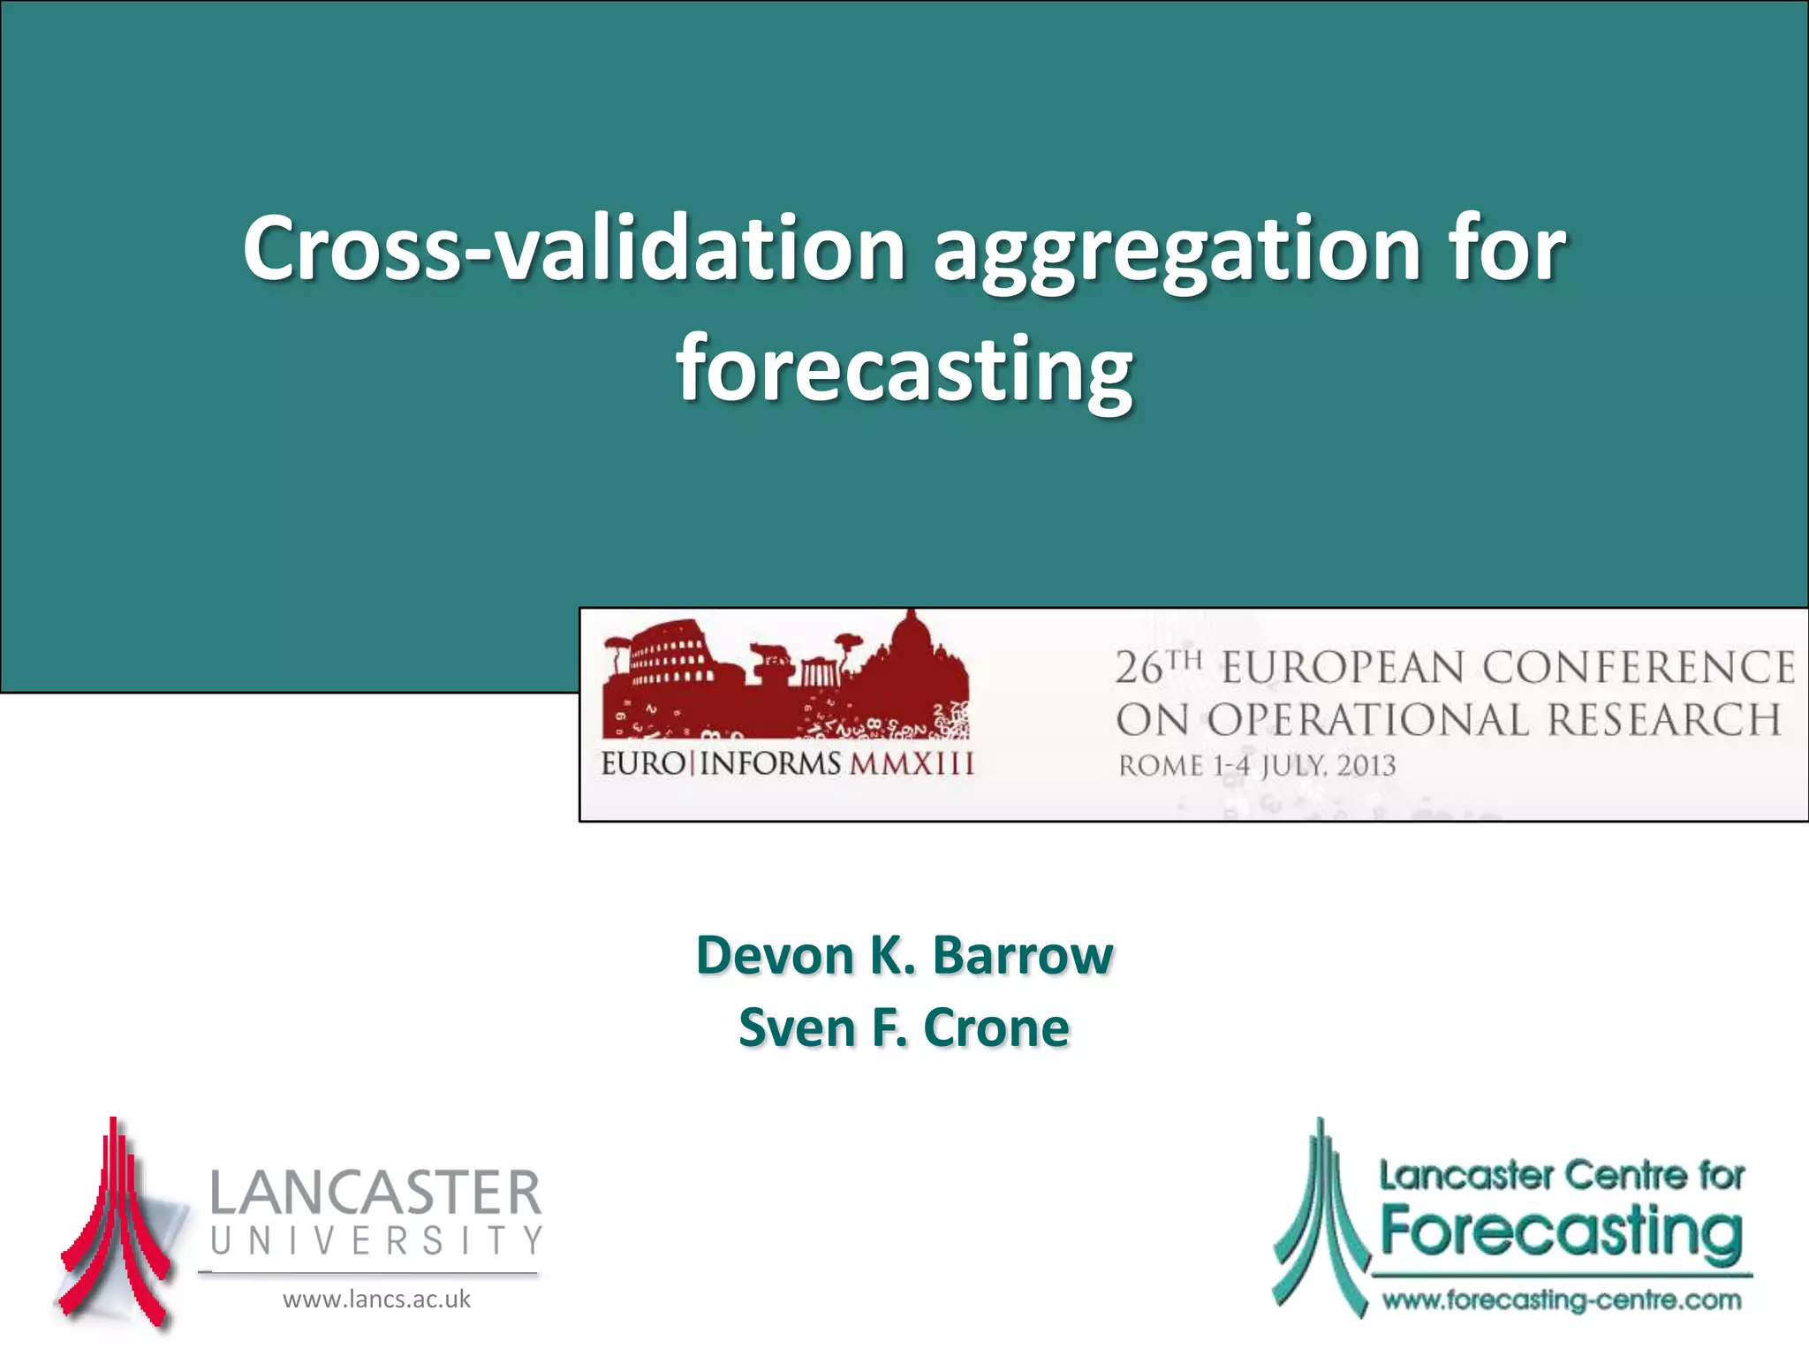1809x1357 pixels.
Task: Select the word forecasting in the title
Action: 904,369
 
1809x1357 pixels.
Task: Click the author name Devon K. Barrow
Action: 904,956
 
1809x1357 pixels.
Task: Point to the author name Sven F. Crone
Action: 904,1028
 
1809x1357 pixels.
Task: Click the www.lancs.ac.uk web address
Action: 376,1300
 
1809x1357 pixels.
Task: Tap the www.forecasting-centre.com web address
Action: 1562,1300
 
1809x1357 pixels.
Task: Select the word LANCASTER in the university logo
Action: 375,1193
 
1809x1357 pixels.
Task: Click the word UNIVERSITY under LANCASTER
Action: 375,1241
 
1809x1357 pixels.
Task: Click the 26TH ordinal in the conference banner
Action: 1158,667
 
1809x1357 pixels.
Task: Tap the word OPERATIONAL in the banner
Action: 1367,721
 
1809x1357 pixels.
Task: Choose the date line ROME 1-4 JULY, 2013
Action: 1257,766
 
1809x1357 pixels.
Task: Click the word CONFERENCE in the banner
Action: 1639,667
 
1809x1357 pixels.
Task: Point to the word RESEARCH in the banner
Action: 1664,721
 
